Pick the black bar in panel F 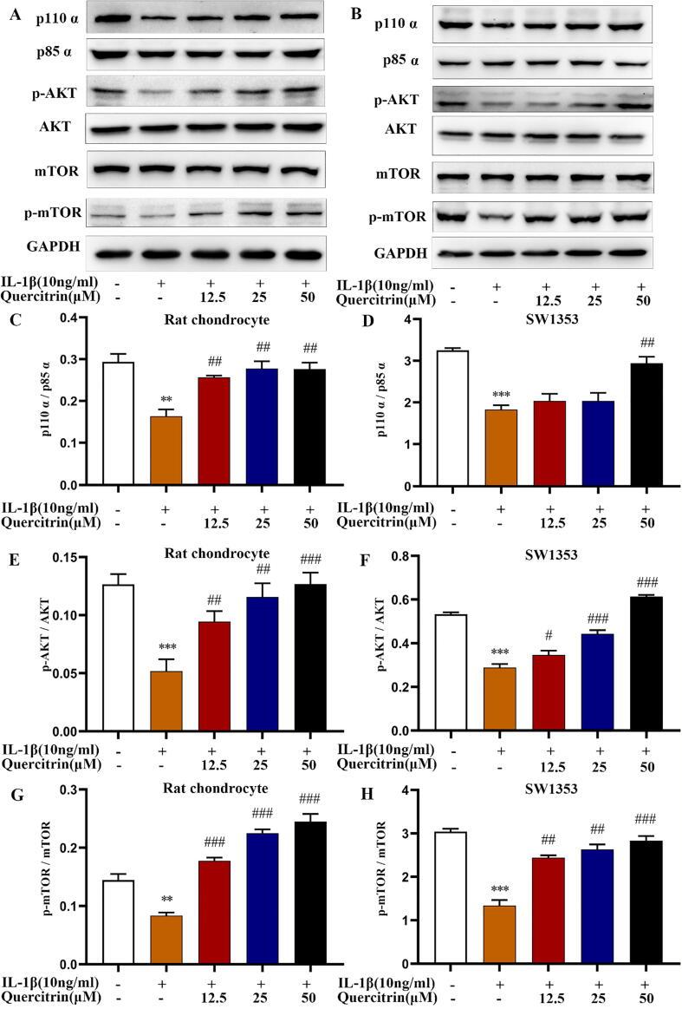click(618, 665)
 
